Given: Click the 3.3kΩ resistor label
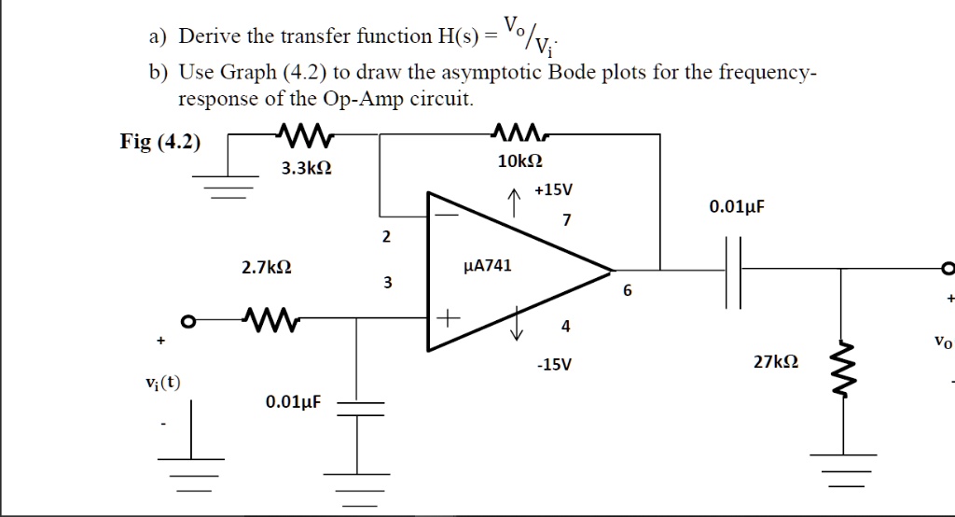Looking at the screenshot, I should coord(307,169).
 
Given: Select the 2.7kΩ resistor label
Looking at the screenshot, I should coord(267,268).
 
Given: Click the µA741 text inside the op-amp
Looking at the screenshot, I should coord(488,266).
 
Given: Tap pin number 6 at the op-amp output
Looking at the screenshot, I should coord(627,291).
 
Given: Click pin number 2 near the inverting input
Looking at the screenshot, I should coord(386,237).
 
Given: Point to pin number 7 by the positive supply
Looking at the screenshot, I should coord(565,220).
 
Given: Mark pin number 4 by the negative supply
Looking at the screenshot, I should coord(565,327).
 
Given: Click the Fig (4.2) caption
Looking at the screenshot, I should coord(159,142).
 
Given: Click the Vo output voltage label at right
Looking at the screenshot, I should coord(942,342).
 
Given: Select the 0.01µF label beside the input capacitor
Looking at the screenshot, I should coord(293,402).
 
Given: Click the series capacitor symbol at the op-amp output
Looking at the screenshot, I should coord(733,272).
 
